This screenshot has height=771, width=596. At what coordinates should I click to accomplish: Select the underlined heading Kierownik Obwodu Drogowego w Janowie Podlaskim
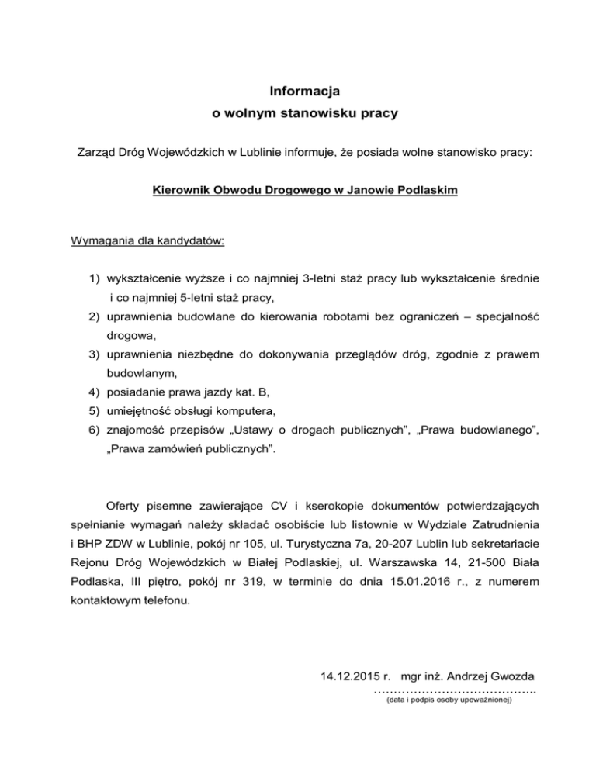point(305,188)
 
